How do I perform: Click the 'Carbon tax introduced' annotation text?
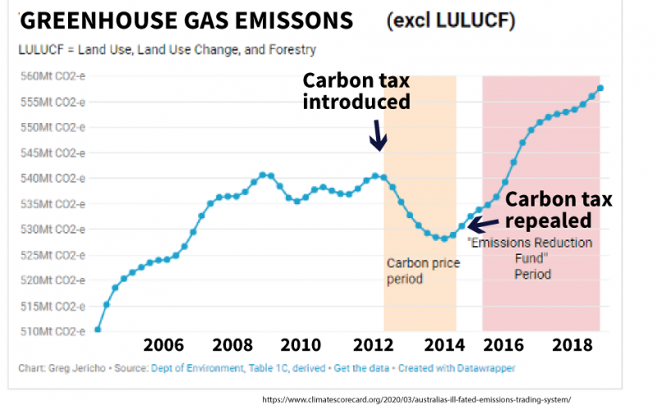point(356,91)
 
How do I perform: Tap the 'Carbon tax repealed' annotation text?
point(558,210)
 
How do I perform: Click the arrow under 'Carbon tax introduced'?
point(377,136)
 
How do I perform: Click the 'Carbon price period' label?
point(423,271)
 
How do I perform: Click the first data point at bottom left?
point(98,330)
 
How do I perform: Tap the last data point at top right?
point(601,89)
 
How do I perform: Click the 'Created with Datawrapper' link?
point(457,369)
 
